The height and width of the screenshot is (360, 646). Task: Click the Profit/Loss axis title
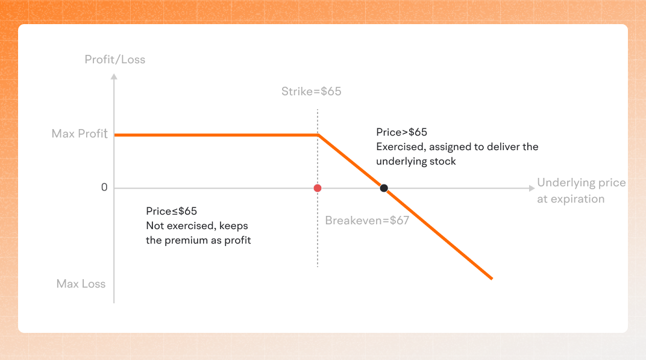(114, 60)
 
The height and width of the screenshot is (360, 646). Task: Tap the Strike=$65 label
(311, 92)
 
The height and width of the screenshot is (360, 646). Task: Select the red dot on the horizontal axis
(318, 188)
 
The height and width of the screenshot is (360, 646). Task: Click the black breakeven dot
(383, 188)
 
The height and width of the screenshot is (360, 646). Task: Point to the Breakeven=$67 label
(367, 221)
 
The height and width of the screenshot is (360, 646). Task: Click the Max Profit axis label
(79, 133)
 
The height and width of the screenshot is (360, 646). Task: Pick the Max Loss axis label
(81, 283)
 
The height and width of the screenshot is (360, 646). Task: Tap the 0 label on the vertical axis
(104, 188)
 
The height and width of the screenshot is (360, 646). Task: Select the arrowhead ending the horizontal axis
(530, 188)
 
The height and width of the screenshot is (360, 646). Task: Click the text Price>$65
(401, 132)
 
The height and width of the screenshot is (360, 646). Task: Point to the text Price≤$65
(171, 211)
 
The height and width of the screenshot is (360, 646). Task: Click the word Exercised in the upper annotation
(400, 147)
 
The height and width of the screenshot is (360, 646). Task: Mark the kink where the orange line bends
(318, 135)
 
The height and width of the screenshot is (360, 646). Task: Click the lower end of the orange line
(492, 278)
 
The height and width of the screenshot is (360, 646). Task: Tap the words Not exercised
(179, 226)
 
